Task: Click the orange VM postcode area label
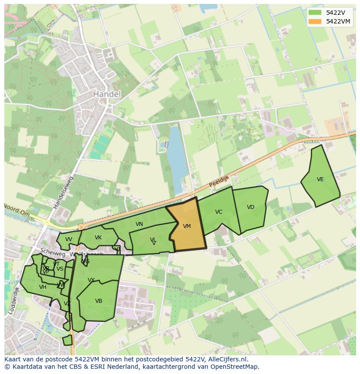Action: click(x=187, y=226)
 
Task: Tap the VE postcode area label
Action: click(x=320, y=179)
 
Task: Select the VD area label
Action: click(x=250, y=207)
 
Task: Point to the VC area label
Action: click(x=219, y=212)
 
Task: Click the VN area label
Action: click(x=139, y=224)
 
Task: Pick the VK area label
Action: click(x=98, y=238)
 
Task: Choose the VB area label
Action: click(x=99, y=301)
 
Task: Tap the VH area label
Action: click(x=43, y=287)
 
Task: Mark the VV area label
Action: click(x=69, y=239)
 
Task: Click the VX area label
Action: click(x=91, y=280)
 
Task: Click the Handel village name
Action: click(x=107, y=94)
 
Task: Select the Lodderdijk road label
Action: click(x=13, y=300)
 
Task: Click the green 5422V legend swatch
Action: click(x=315, y=12)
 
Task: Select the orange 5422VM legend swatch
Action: click(x=315, y=21)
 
